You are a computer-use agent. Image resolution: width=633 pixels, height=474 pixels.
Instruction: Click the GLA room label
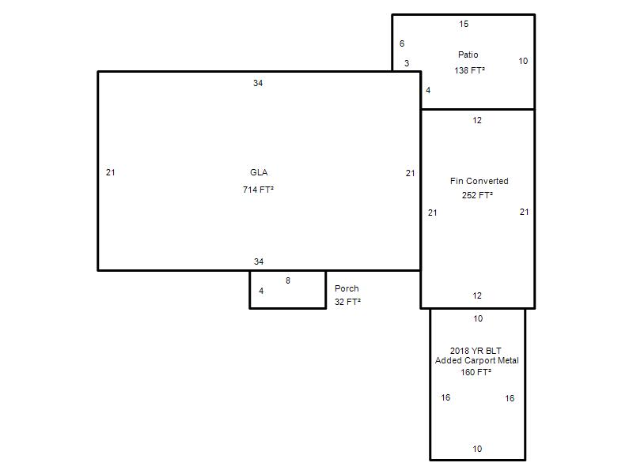(x=259, y=172)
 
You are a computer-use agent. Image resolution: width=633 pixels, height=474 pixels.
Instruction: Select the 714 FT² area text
(x=259, y=190)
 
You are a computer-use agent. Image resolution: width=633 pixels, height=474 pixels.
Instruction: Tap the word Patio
(x=468, y=55)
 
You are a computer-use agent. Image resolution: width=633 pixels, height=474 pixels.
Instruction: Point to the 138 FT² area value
(x=469, y=70)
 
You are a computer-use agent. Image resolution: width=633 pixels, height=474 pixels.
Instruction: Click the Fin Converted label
(x=479, y=181)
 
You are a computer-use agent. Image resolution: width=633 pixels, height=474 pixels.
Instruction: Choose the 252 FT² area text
(x=477, y=195)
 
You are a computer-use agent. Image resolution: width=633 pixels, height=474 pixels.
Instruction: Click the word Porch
(x=347, y=288)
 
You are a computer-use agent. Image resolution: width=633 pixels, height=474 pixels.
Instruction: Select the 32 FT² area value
(x=347, y=302)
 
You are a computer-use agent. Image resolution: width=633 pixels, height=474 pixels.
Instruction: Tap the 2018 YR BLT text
(x=476, y=351)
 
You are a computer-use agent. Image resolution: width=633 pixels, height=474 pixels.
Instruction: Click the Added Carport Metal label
(x=477, y=360)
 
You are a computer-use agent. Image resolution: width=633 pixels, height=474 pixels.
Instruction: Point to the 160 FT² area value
(x=476, y=372)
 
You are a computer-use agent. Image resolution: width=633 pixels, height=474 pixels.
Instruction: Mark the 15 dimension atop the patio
(x=464, y=24)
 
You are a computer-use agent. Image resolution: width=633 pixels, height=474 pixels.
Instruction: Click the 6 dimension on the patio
(x=402, y=43)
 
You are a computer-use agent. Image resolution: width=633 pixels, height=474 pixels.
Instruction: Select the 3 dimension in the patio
(x=407, y=63)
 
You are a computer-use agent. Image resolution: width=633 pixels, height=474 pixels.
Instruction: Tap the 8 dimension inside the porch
(x=288, y=280)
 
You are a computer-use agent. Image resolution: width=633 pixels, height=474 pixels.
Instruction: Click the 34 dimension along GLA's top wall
(x=258, y=83)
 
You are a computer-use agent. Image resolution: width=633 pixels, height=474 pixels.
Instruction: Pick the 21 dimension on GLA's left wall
(x=111, y=172)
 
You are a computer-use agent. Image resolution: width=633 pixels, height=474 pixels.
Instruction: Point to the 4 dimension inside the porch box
(x=262, y=291)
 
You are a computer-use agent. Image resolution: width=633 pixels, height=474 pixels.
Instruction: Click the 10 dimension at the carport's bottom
(x=478, y=449)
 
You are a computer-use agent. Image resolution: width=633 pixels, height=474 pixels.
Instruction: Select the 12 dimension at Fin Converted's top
(x=477, y=120)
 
